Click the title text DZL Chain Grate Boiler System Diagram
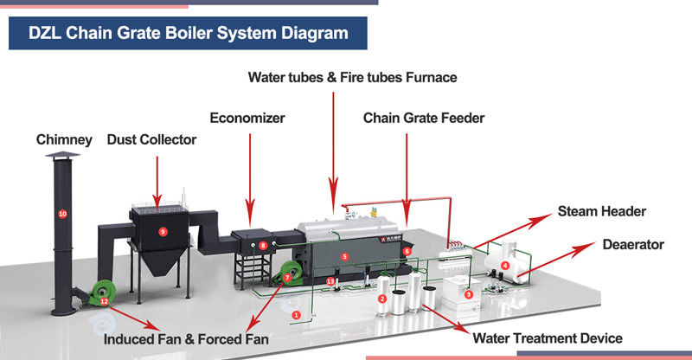189,34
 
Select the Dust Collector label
151,139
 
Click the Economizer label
247,117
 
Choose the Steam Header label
602,211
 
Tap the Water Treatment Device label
545,337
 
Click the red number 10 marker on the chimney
61,213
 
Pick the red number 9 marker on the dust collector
162,231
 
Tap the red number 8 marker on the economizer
263,246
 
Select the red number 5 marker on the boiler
344,256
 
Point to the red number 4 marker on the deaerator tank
504,265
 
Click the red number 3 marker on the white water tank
468,294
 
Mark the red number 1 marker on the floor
296,315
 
